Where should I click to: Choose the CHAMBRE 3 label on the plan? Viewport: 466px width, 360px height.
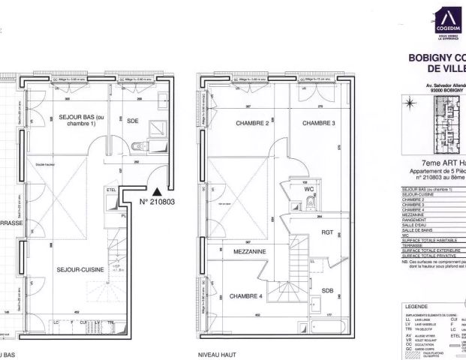coord(318,123)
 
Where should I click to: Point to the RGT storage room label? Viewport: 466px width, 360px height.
coord(327,232)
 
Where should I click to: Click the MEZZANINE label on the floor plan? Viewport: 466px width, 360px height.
coord(249,252)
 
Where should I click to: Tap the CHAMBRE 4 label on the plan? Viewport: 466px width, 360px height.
coord(246,295)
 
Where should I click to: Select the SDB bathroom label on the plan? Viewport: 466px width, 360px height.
coord(327,290)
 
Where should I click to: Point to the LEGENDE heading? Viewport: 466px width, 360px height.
coord(416,307)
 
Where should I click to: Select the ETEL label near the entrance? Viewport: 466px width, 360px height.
coord(110,191)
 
